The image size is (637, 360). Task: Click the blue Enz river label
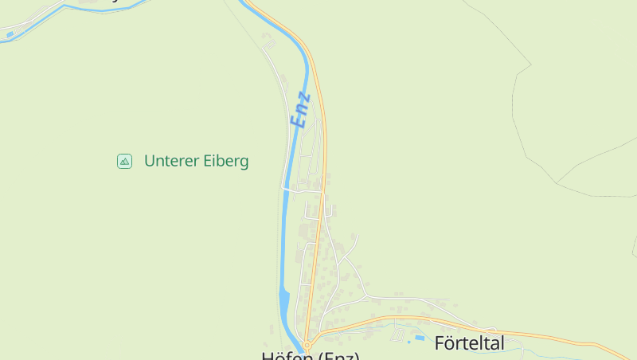[300, 109]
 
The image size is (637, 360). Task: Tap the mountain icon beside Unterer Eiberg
[124, 161]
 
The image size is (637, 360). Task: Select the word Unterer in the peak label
[169, 161]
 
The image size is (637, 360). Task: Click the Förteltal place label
[470, 343]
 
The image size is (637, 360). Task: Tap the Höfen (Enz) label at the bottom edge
[311, 355]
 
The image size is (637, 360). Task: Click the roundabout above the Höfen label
[307, 345]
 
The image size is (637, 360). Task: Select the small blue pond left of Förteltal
[420, 338]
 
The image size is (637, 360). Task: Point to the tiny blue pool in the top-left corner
[10, 34]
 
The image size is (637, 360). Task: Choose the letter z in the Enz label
[304, 97]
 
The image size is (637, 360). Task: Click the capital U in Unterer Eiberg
[150, 161]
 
